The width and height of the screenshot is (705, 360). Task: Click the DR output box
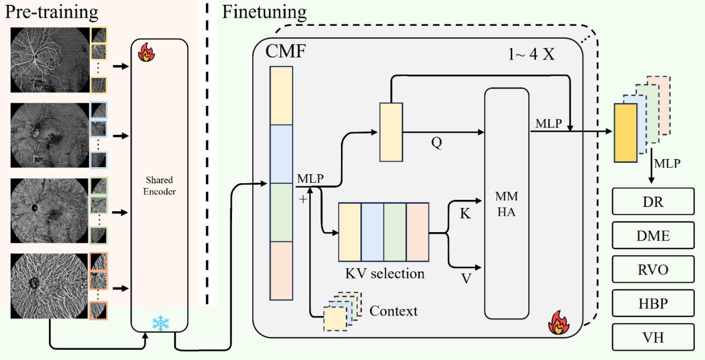click(652, 203)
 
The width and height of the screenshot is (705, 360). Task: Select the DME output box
click(652, 236)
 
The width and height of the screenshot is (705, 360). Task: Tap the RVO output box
click(652, 270)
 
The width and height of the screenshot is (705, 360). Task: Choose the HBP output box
click(652, 304)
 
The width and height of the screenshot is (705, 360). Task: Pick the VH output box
click(652, 337)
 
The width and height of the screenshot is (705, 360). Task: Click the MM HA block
click(506, 204)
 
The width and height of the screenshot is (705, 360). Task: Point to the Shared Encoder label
click(159, 185)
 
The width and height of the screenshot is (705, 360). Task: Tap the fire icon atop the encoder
click(146, 54)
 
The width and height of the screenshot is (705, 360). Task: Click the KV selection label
click(384, 273)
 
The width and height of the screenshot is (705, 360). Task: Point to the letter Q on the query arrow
click(437, 144)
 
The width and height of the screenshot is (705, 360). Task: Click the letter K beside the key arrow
click(466, 214)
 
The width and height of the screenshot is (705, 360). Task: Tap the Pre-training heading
click(52, 12)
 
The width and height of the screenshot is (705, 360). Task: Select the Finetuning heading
click(264, 12)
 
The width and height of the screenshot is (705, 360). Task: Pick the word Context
click(394, 311)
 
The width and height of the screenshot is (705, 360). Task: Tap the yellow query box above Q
click(391, 132)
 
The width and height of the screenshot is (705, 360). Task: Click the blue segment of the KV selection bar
click(372, 232)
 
